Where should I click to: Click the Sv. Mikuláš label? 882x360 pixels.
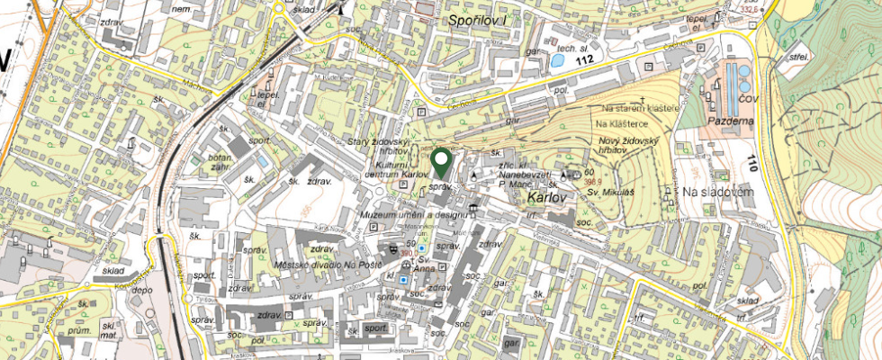(x=606, y=193)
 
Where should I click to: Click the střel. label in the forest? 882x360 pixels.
(x=796, y=56)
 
